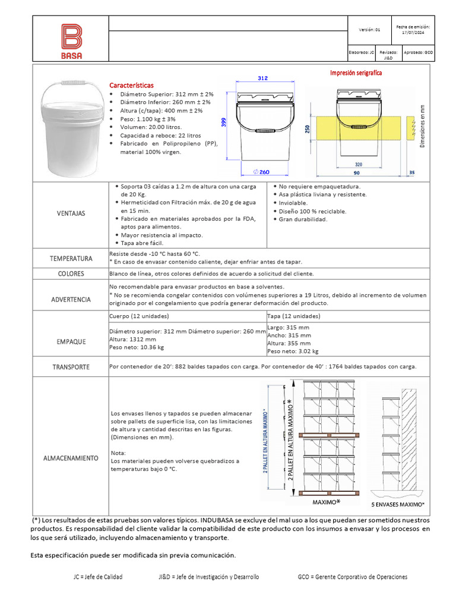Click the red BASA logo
[x=71, y=41]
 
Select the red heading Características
[x=131, y=86]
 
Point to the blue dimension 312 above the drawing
[x=263, y=79]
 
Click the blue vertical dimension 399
[x=224, y=123]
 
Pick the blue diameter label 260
[x=261, y=172]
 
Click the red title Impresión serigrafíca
[x=356, y=73]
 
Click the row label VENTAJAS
[x=71, y=213]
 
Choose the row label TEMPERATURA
[x=71, y=259]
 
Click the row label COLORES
[x=71, y=274]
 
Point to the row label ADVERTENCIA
[x=71, y=299]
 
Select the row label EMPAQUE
[x=71, y=341]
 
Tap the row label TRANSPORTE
[x=71, y=367]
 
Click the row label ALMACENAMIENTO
[x=71, y=458]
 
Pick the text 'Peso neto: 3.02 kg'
[x=293, y=351]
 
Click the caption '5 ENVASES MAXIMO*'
[x=398, y=504]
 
